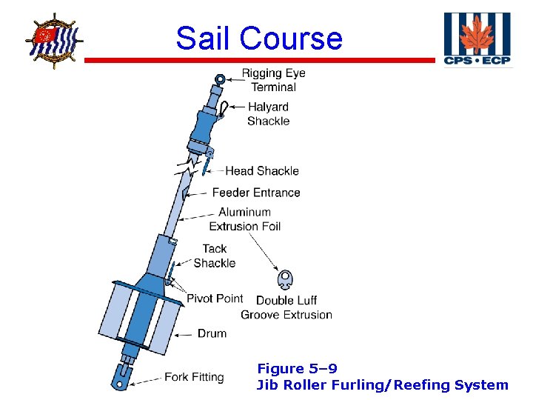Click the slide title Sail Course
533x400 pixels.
pos(259,38)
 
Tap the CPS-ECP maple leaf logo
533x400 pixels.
pos(477,39)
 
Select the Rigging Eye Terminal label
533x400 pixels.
pos(273,80)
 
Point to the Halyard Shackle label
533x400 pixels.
pos(268,114)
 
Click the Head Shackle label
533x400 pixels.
pos(262,171)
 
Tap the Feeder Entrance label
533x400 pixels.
pos(256,193)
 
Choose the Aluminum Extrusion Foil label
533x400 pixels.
pos(245,219)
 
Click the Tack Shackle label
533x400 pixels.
pos(215,256)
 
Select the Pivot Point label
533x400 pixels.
pos(215,299)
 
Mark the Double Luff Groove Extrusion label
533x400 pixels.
pos(286,307)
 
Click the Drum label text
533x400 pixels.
pos(212,333)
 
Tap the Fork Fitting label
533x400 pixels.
pos(194,377)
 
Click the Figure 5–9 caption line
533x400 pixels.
pos(297,368)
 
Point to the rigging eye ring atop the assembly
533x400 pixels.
pos(220,78)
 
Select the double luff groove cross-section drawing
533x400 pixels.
pos(285,280)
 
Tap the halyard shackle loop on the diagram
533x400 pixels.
pos(223,108)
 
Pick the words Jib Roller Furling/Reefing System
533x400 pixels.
pos(382,384)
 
